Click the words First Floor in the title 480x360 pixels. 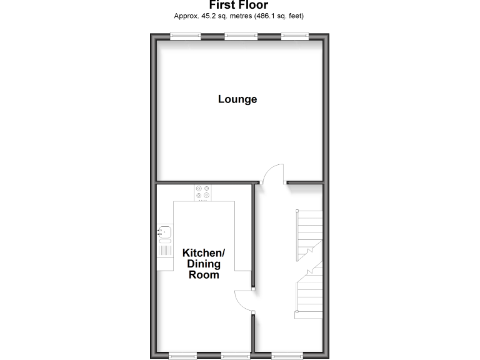pyautogui.click(x=239, y=6)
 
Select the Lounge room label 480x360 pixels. pyautogui.click(x=237, y=99)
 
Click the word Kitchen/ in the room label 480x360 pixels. pyautogui.click(x=203, y=253)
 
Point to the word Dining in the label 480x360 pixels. pyautogui.click(x=204, y=264)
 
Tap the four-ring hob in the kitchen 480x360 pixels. pyautogui.click(x=203, y=193)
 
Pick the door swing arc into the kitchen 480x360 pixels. pyautogui.click(x=244, y=301)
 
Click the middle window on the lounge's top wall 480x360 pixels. pyautogui.click(x=241, y=36)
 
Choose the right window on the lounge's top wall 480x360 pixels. pyautogui.click(x=294, y=36)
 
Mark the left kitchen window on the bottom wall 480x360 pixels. pyautogui.click(x=184, y=356)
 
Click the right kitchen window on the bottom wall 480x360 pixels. pyautogui.click(x=236, y=356)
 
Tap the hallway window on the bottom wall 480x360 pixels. pyautogui.click(x=287, y=356)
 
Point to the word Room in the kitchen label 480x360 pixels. pyautogui.click(x=204, y=274)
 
